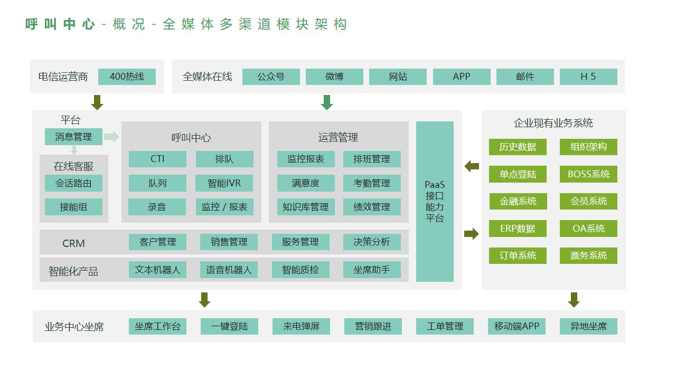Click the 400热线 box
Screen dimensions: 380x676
point(127,77)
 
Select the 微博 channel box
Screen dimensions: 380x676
point(334,77)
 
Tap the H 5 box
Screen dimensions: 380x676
point(588,77)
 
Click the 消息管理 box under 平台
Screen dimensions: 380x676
point(73,137)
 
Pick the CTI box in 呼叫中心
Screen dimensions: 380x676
point(157,159)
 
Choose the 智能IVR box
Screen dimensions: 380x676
point(224,183)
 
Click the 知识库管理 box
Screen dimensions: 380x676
point(305,207)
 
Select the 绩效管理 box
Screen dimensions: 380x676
point(372,207)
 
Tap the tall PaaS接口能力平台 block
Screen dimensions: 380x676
point(435,202)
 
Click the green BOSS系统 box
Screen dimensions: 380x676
point(588,174)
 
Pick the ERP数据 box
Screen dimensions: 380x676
point(518,229)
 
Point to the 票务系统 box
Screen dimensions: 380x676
point(588,255)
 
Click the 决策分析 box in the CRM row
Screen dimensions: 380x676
point(372,242)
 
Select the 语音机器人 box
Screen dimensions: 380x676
point(229,270)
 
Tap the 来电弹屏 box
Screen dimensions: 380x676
point(301,326)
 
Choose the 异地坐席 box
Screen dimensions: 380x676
point(588,326)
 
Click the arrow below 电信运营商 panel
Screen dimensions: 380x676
point(97,102)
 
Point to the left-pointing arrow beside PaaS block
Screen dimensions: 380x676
point(472,167)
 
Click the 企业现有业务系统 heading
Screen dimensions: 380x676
point(553,123)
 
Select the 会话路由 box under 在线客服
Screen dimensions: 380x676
point(73,183)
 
